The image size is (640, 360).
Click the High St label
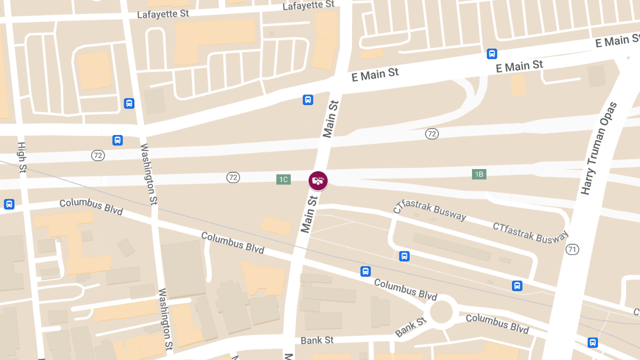pos(22,157)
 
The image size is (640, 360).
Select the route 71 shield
pos(573,249)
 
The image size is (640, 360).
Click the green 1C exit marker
pos(283,179)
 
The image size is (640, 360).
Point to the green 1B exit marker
pos(479,174)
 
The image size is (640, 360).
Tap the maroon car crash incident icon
pos(318,180)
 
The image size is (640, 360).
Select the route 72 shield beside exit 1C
pos(233,177)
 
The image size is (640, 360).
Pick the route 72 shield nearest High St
pos(98,155)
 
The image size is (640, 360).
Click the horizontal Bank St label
pos(317,340)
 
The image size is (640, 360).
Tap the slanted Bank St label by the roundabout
pos(411,327)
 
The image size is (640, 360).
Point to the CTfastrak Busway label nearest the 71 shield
pos(530,232)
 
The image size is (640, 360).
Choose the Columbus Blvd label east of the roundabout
pos(497,323)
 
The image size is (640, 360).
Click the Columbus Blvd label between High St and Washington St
pos(91,207)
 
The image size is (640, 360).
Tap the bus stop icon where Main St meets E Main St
pos(308,100)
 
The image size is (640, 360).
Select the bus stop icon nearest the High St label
pos(117,140)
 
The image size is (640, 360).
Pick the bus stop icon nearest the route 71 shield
pos(517,286)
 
